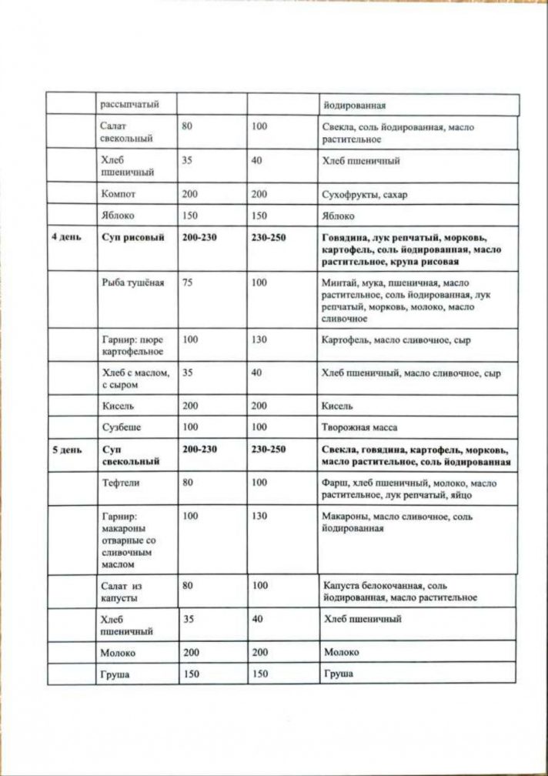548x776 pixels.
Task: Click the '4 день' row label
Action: (65, 238)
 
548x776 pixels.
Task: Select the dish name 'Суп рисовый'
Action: (133, 238)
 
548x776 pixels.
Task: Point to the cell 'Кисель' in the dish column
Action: (118, 405)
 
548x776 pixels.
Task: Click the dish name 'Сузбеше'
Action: (122, 426)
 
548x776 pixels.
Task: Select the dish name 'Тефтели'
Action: (120, 483)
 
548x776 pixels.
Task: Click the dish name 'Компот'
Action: (119, 194)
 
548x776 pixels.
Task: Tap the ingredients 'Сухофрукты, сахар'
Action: (364, 195)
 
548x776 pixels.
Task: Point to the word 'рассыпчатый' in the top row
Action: (129, 105)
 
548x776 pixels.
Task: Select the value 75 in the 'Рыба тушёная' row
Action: (187, 283)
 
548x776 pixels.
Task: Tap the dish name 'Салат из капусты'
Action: (124, 591)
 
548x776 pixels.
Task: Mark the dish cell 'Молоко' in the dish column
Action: (119, 653)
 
